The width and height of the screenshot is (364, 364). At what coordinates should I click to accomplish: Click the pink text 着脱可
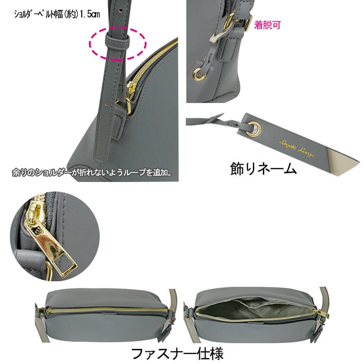click(267, 25)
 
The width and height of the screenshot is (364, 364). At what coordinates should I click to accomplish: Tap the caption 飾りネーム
click(263, 168)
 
